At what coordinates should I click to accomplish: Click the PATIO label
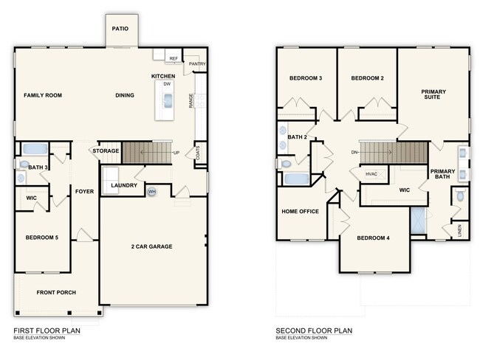pyautogui.click(x=120, y=29)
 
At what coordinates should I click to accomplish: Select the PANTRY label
pyautogui.click(x=196, y=64)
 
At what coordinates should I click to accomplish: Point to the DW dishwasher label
pyautogui.click(x=167, y=85)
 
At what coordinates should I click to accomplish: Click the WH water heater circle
pyautogui.click(x=152, y=192)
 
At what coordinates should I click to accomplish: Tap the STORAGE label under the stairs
pyautogui.click(x=106, y=151)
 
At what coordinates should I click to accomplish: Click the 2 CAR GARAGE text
pyautogui.click(x=151, y=246)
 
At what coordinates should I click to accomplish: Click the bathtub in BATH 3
pyautogui.click(x=35, y=149)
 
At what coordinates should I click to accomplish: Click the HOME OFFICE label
pyautogui.click(x=300, y=212)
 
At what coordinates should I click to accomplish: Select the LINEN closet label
pyautogui.click(x=460, y=229)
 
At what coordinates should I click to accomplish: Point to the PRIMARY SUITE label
pyautogui.click(x=433, y=94)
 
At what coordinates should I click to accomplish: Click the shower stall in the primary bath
pyautogui.click(x=419, y=221)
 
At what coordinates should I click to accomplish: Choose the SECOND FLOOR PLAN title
pyautogui.click(x=314, y=330)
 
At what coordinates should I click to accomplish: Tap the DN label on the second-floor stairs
pyautogui.click(x=355, y=153)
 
